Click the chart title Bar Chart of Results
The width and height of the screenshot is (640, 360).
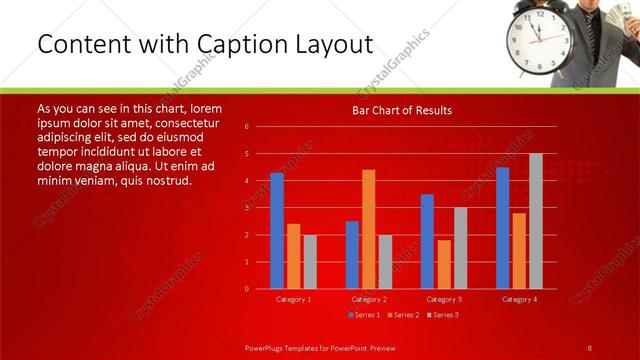[401, 110]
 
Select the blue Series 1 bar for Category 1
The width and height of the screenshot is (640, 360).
[277, 230]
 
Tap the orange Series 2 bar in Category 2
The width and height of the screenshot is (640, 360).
[369, 228]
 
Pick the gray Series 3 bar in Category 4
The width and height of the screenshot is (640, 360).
[536, 220]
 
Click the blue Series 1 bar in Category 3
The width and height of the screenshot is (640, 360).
[427, 241]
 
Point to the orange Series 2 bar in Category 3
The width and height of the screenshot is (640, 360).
[444, 264]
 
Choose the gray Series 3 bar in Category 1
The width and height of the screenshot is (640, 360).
[310, 261]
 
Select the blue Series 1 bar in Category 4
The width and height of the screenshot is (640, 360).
[502, 227]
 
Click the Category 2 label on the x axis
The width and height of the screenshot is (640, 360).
[369, 299]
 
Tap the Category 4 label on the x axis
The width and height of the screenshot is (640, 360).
[519, 299]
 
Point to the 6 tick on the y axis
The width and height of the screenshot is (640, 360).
[246, 127]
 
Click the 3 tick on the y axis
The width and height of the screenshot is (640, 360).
[246, 208]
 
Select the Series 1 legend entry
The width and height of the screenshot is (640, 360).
[365, 315]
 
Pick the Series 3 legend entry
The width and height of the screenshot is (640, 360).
[442, 315]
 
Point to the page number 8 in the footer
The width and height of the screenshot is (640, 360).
[589, 347]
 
